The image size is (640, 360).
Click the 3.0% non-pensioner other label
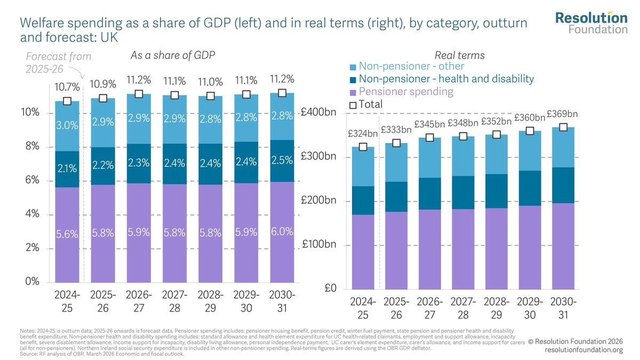pyautogui.click(x=67, y=126)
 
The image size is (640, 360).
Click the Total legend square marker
pyautogui.click(x=353, y=105)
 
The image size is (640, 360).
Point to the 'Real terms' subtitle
pyautogui.click(x=460, y=55)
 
